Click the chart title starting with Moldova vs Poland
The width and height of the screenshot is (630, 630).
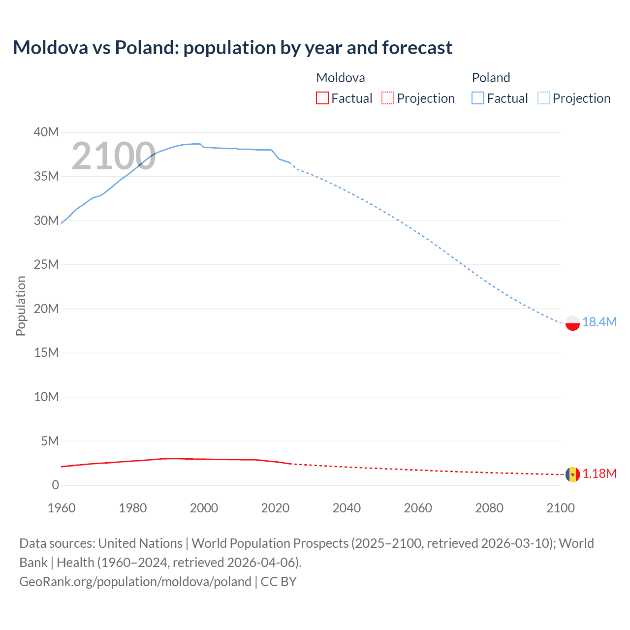tap(232, 48)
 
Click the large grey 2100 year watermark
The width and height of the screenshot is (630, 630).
tap(113, 157)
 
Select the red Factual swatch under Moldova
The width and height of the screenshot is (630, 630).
tap(322, 98)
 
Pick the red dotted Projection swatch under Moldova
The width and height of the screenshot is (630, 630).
tap(388, 98)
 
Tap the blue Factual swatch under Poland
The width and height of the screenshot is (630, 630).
tap(477, 98)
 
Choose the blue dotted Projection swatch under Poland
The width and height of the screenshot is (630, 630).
tap(544, 98)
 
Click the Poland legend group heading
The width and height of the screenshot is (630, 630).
tap(491, 78)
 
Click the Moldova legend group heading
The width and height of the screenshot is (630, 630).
tap(340, 78)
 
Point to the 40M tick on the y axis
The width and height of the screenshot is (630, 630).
tap(46, 132)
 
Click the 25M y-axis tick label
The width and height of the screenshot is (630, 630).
tap(46, 264)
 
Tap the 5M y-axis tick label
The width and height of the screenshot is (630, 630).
tap(50, 441)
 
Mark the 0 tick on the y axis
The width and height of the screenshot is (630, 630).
tap(55, 485)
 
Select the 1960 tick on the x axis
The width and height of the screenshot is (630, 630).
tap(62, 508)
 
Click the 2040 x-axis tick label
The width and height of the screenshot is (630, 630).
tap(346, 508)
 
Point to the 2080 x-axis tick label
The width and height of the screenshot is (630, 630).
tap(489, 508)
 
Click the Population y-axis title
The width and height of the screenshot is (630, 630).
tap(21, 306)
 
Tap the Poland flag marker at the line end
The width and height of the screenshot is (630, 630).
tap(572, 323)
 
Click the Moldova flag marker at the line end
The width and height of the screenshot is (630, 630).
tap(572, 474)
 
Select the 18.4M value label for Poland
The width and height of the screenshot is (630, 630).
tap(599, 322)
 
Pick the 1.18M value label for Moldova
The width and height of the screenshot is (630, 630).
tap(599, 473)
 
